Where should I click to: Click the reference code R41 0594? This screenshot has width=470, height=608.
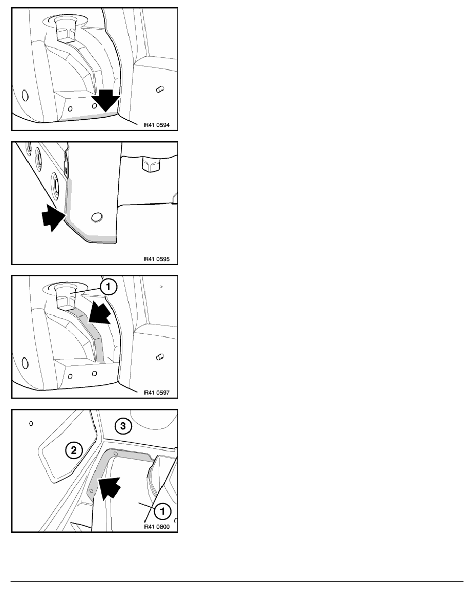157,125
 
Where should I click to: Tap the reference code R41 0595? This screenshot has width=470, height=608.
157,259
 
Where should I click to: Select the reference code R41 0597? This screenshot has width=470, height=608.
157,393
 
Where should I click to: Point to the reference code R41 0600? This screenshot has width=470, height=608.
157,527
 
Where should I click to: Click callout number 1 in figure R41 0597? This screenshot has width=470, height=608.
109,287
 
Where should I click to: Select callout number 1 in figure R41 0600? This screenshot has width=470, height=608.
162,511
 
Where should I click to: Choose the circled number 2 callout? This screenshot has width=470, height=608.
74,450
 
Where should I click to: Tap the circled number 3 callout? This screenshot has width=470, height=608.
123,426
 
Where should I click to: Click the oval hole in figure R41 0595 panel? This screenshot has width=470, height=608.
97,217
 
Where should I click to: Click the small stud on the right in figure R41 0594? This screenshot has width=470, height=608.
160,89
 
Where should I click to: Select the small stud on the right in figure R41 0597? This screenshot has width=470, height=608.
160,357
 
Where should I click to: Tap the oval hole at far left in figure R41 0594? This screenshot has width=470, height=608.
25,95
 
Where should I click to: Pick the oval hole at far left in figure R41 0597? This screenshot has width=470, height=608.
25,363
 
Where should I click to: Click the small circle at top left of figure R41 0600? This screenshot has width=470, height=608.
31,423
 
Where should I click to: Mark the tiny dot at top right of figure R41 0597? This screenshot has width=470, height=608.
161,287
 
